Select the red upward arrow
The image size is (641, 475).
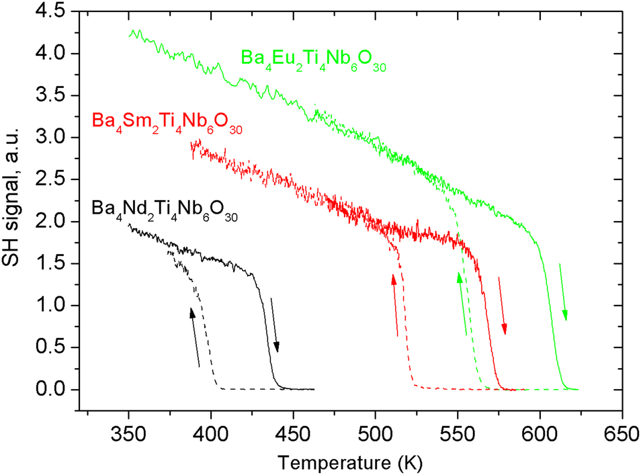click(395, 304)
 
